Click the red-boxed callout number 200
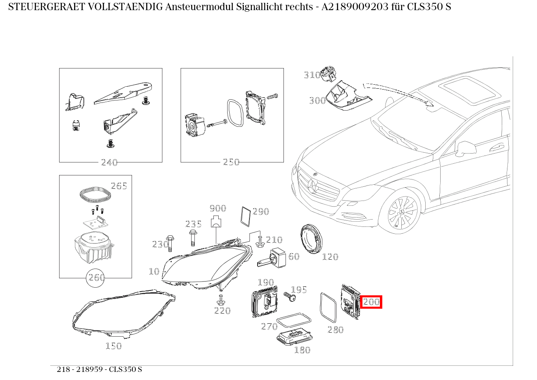[371, 301]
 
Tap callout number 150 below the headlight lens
[113, 346]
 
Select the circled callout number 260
[96, 278]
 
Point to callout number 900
[217, 208]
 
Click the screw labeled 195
[290, 297]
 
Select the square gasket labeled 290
[245, 215]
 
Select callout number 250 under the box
[231, 162]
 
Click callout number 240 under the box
[109, 162]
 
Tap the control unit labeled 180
[294, 336]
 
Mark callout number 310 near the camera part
[312, 75]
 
